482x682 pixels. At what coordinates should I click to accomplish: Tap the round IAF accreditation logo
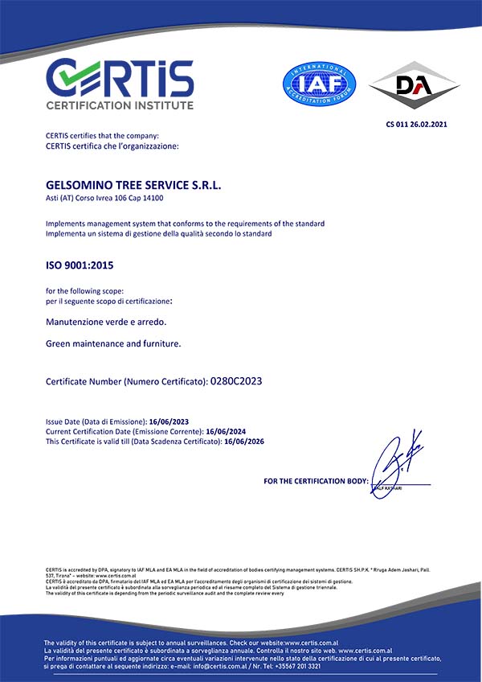tap(319, 83)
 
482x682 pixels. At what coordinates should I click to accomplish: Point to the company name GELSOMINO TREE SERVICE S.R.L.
tap(133, 185)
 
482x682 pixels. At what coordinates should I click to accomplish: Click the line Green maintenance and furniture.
tap(113, 343)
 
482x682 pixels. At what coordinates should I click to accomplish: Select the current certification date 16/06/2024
tap(225, 431)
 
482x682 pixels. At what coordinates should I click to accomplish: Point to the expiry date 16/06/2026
tap(245, 442)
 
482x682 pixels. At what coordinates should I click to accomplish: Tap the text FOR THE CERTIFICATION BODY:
tap(315, 481)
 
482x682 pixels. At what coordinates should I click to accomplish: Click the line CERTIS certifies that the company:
tap(102, 137)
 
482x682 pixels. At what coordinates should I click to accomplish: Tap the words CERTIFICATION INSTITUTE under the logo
tap(120, 105)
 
